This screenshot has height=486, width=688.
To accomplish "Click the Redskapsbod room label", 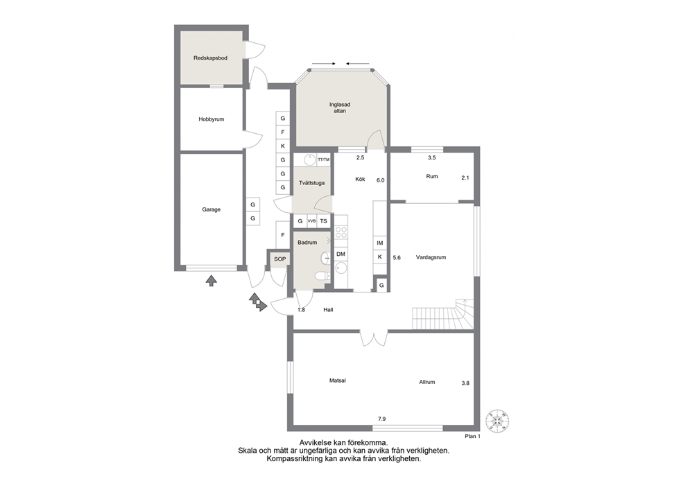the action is (x=211, y=58).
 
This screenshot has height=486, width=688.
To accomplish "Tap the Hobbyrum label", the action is (x=211, y=119).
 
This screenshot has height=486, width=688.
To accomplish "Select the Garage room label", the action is (x=211, y=209).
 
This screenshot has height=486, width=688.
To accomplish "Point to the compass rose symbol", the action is (x=497, y=419).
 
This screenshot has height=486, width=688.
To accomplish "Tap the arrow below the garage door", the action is (x=212, y=281).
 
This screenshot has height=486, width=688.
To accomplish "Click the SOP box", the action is (x=280, y=259).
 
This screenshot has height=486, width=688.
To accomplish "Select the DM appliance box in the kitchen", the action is (x=341, y=254).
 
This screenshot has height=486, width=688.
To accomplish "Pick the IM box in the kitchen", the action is (x=380, y=243).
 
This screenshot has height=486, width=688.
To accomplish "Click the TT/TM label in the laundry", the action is (x=323, y=159).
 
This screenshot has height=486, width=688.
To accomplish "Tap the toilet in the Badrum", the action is (x=322, y=275).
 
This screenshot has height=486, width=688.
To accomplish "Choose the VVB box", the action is (x=311, y=221).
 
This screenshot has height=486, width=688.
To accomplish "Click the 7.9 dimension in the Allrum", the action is (x=381, y=419).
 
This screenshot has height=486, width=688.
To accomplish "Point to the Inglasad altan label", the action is (x=340, y=108).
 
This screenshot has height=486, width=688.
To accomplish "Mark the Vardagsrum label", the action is (x=431, y=257).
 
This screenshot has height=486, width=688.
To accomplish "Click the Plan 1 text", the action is (x=472, y=437).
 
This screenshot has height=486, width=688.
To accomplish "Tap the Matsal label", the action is (x=338, y=381).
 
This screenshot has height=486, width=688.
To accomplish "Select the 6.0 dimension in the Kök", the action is (x=381, y=180).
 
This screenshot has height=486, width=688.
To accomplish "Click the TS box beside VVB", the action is (x=323, y=221).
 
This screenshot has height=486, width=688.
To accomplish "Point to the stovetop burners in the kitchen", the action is (x=341, y=232).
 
